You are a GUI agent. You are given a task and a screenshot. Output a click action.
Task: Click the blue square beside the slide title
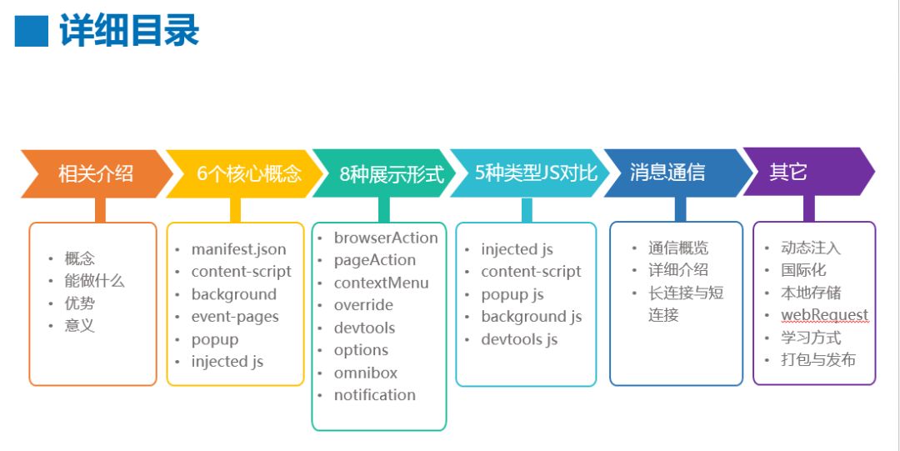32,32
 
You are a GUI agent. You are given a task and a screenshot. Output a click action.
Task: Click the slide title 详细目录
129,31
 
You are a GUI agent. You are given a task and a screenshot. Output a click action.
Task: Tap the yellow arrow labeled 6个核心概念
237,173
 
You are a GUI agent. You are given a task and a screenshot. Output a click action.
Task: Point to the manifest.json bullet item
238,249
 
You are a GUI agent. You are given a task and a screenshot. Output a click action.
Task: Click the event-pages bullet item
235,317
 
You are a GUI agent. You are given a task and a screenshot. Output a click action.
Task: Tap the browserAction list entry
386,238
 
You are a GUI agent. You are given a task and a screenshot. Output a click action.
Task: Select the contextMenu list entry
381,283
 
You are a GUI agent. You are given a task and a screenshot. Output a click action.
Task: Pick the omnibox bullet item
366,373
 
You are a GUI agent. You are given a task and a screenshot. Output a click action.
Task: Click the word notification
375,395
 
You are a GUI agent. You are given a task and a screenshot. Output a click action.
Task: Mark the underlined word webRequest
824,315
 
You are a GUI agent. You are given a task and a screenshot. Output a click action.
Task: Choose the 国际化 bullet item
803,270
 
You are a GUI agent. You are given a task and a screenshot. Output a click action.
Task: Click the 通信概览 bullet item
678,248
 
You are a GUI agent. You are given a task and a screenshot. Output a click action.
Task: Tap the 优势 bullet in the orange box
80,303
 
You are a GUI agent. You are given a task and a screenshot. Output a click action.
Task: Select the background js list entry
531,317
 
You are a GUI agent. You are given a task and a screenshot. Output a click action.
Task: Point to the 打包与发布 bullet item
817,360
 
